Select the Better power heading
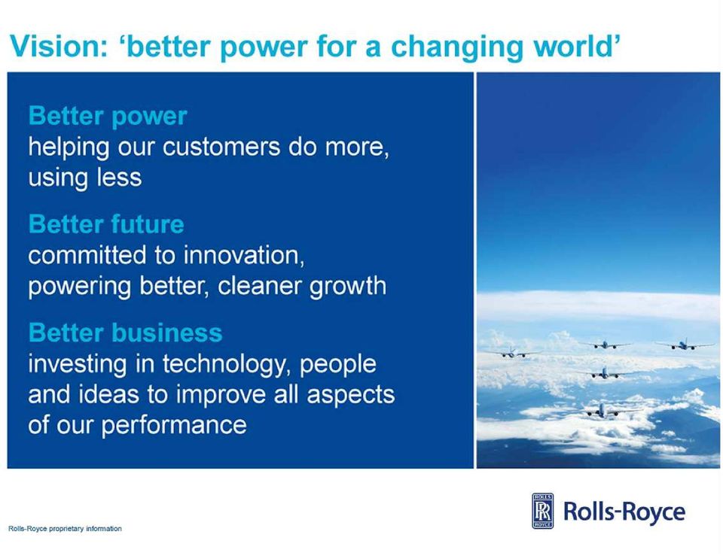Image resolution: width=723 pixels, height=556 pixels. pos(108,116)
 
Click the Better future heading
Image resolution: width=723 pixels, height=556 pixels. pos(106,224)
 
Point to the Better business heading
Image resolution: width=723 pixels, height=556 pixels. pos(126,333)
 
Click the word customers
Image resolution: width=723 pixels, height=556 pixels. pos(221,147)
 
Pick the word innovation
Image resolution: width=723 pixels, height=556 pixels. pos(244,255)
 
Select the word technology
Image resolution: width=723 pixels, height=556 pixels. pos(227,364)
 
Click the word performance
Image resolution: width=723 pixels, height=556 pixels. pos(174,425)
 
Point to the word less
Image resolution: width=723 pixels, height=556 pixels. pos(119,178)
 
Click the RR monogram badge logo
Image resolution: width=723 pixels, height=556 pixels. pos(543,511)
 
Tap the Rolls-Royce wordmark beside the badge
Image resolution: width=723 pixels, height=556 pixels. pos(624,512)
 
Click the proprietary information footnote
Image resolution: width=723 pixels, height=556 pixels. pos(65,529)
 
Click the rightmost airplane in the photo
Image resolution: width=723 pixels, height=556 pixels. pos(685,344)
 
